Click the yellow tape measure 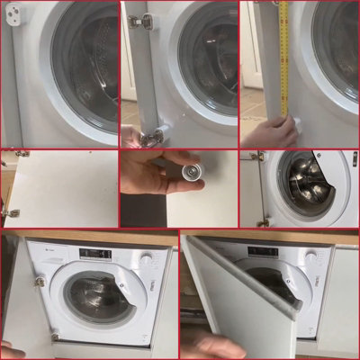point(283,54)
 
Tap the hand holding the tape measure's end point(281,130)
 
